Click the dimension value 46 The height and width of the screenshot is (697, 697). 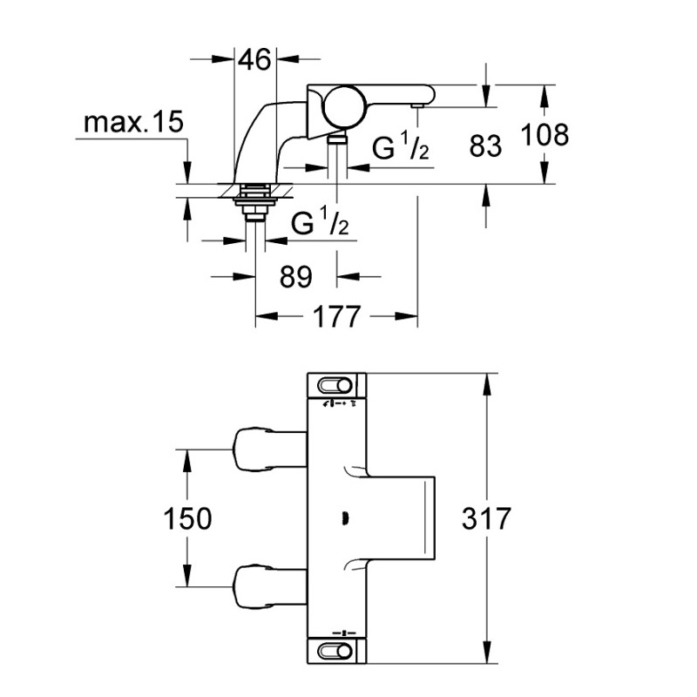(x=255, y=59)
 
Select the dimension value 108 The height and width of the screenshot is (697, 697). (x=545, y=134)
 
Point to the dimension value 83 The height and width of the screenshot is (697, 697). (x=485, y=145)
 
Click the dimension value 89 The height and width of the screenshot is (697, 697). (x=296, y=276)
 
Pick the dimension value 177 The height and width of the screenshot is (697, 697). (x=336, y=316)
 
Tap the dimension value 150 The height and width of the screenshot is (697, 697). (x=187, y=518)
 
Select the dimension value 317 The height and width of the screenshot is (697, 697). (x=487, y=518)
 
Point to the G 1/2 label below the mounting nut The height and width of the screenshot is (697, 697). (x=320, y=221)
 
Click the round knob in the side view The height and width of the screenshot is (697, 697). (x=341, y=105)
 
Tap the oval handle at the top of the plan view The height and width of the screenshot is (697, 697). (x=335, y=385)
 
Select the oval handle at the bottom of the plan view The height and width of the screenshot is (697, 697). (x=335, y=652)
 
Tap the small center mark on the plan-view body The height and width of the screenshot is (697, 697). (x=345, y=518)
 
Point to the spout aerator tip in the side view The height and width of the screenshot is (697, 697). (x=418, y=105)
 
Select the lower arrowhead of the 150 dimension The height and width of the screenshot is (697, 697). (x=187, y=576)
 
